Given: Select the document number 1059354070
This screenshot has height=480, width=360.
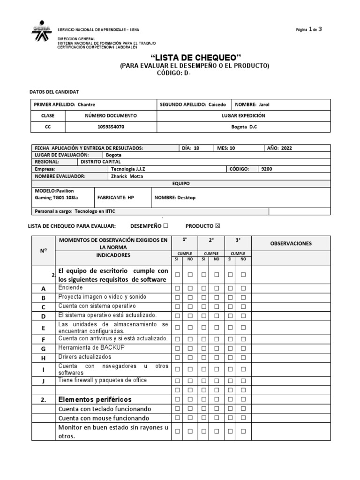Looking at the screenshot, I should coord(111,127).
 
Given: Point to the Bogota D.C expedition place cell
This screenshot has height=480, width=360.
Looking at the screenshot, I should coord(244,127).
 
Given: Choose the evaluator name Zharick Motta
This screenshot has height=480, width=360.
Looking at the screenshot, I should coord(127,176).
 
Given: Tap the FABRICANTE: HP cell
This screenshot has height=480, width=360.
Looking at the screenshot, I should coord(115,197).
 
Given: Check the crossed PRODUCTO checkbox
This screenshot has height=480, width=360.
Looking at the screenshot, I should coord(217,226).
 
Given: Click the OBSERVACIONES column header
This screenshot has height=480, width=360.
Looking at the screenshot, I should coord(291,243).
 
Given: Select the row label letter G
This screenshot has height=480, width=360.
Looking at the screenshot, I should coord(43,348).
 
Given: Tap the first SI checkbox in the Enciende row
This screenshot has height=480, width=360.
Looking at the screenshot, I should coord(178,287).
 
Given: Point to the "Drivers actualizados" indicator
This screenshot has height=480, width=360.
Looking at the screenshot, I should coord(85,357).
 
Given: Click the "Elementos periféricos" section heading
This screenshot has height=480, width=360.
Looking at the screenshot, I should coord(95,399).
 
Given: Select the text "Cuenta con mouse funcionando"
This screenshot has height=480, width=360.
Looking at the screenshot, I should coord(104,418).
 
